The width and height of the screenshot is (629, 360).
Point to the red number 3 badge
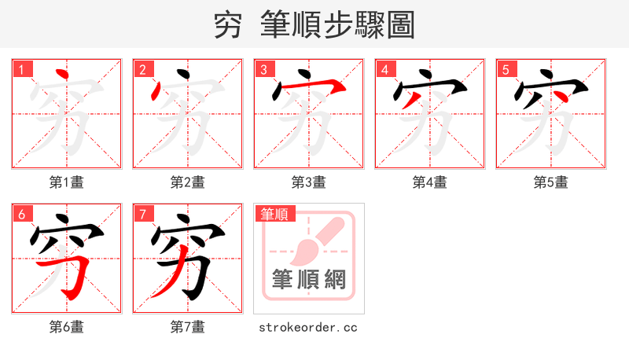[x=264, y=70]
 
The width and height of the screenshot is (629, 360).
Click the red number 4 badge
[x=385, y=70]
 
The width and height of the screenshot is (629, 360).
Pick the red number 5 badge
[x=506, y=70]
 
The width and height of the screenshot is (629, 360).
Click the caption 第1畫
[x=67, y=182]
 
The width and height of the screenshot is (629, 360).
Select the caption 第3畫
[x=309, y=182]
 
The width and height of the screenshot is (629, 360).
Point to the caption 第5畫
[x=551, y=182]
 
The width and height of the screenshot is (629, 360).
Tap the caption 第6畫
[x=67, y=326]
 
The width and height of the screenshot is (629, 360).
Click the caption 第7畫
[x=188, y=326]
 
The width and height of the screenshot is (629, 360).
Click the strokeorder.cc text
[x=308, y=326]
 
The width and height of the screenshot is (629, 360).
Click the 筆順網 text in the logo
[x=309, y=279]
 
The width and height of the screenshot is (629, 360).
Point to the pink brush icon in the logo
[x=314, y=240]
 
